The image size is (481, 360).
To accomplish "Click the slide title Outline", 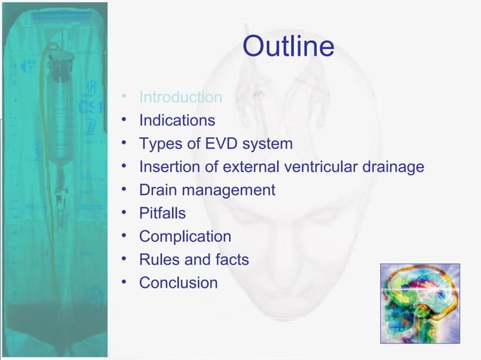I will click(x=288, y=47).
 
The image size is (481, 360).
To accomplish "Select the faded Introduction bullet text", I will click(x=180, y=97).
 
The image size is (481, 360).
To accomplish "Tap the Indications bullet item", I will click(x=176, y=121).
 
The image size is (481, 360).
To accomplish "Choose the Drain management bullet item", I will click(x=207, y=191).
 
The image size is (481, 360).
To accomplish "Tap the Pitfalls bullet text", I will click(x=162, y=214).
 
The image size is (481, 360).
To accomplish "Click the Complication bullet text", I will click(x=185, y=237).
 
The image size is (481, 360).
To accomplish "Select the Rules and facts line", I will click(x=194, y=261).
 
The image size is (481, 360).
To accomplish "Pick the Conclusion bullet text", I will click(x=178, y=284).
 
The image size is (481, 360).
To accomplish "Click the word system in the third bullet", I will click(x=271, y=144).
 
